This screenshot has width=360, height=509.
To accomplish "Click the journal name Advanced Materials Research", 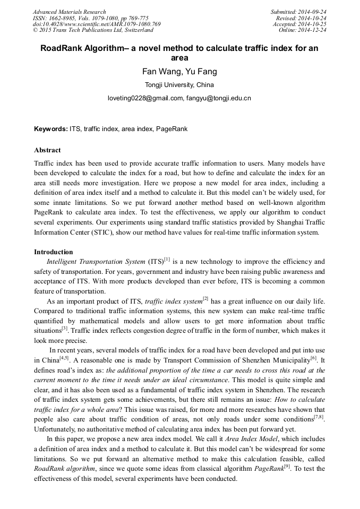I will pos(69,12).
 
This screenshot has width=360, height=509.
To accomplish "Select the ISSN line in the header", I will pos(90,18).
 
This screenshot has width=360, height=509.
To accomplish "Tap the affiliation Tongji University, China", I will pos(179,85).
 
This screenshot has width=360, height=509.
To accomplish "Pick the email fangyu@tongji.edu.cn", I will pos(219,98).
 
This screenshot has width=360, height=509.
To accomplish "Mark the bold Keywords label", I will pos(50,129).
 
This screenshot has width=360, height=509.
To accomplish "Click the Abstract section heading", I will pos(47,150).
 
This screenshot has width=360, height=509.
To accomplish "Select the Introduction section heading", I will pos(53,252).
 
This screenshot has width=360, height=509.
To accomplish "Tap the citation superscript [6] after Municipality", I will pos(313,357).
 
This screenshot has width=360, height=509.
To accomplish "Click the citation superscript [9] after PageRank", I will pos(287,466).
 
